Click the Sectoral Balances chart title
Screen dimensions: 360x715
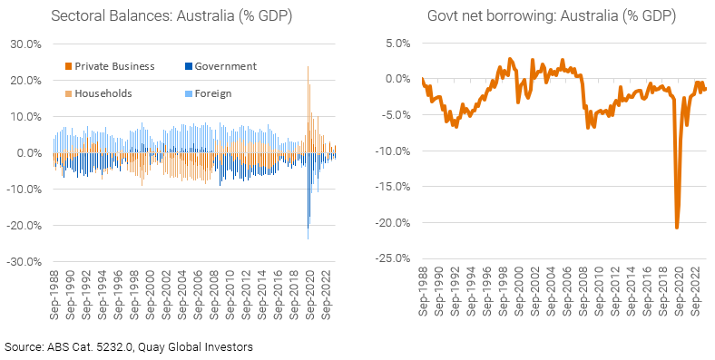[161, 16]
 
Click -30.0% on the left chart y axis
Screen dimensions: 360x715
[24, 261]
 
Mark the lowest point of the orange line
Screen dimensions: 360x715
[677, 227]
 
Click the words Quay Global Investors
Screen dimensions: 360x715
[198, 346]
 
